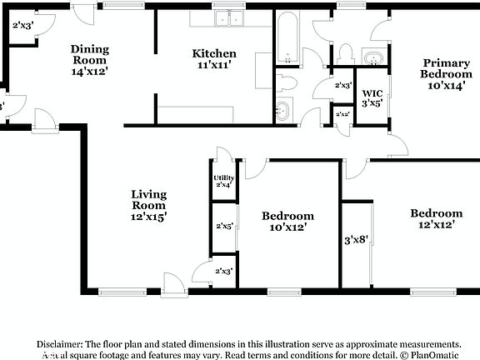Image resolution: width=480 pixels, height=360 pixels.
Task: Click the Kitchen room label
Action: coord(215,59)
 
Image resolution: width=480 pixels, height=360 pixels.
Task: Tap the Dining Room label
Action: coord(90,59)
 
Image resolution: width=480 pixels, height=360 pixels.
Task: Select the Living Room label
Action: coord(149,205)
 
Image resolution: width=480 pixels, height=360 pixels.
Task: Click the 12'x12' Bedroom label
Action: coord(435,219)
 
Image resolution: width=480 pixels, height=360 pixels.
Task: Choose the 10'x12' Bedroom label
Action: coord(288,222)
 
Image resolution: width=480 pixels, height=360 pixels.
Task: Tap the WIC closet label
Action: coord(372,97)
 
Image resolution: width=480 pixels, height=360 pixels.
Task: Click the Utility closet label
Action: coord(223,181)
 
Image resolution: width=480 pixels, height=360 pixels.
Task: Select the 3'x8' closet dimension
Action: coord(356,240)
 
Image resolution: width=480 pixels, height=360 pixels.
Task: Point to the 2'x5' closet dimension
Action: coord(224,226)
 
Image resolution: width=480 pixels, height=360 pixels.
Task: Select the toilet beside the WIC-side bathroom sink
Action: coord(346,53)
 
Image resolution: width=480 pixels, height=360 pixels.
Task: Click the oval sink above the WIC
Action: coord(372,58)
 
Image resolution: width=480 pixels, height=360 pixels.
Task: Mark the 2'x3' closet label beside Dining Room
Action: coord(22,26)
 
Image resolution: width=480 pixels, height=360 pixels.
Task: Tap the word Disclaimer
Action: coord(58,343)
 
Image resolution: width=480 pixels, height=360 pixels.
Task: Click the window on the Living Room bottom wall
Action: coord(114,292)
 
